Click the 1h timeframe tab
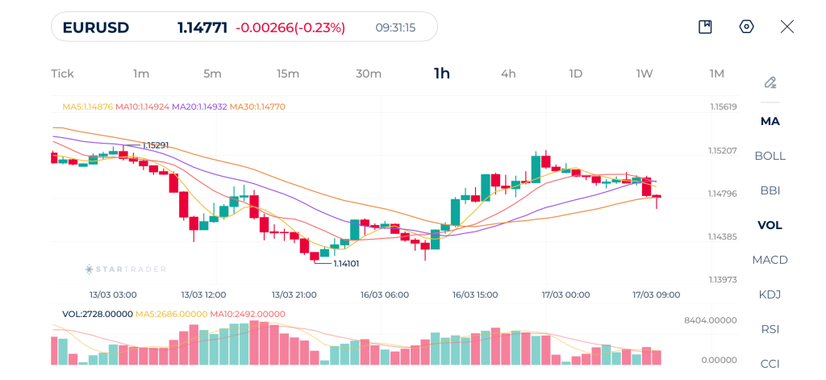(x=442, y=73)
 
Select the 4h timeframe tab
(x=508, y=73)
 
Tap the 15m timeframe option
(x=288, y=73)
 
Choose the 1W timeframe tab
(x=645, y=73)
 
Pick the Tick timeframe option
(x=62, y=73)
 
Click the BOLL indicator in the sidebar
(x=770, y=156)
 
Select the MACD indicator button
(x=770, y=260)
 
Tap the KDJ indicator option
(x=770, y=294)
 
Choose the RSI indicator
(x=770, y=329)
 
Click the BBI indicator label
(x=770, y=190)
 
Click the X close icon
(x=787, y=27)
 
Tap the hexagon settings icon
(x=746, y=27)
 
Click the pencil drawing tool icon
(x=770, y=82)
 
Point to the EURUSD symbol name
(x=95, y=27)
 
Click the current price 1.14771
(x=203, y=27)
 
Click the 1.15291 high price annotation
(x=156, y=145)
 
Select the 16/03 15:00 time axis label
(x=475, y=294)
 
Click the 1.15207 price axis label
(x=724, y=151)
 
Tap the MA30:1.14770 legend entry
(x=257, y=106)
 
